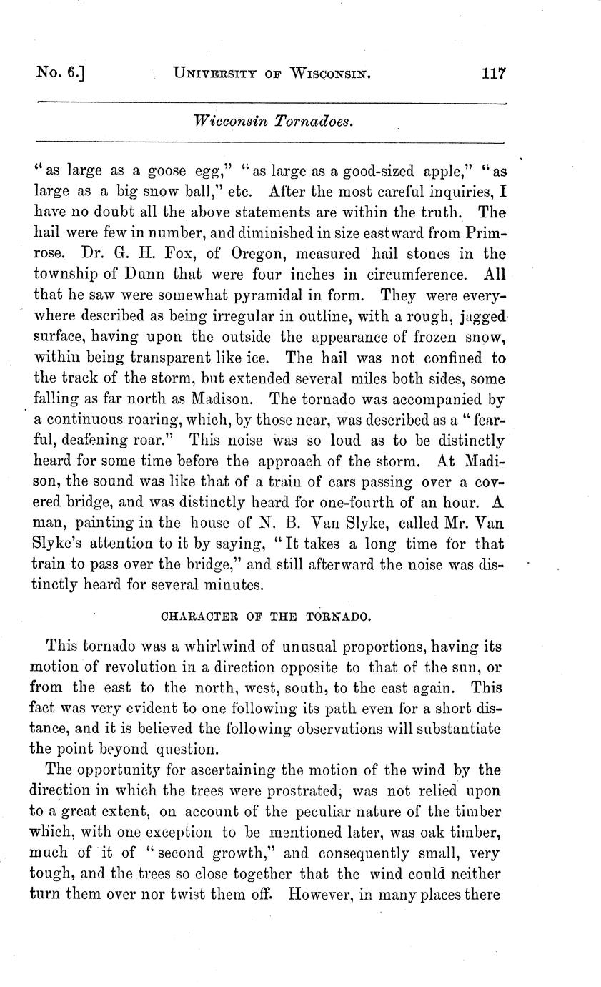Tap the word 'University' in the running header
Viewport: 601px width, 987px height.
214,73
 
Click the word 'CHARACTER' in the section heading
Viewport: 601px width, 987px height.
195,614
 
